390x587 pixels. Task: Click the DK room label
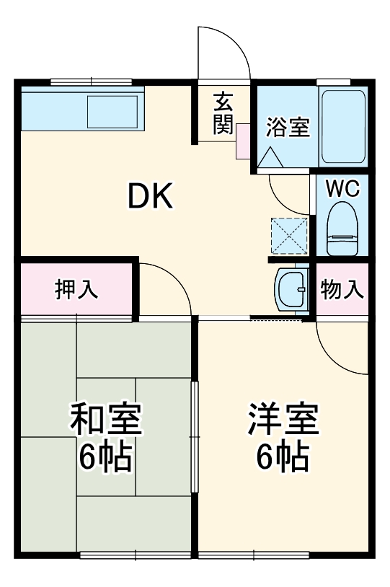point(151,195)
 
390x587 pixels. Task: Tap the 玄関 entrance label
point(223,114)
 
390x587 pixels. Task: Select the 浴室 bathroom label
point(288,127)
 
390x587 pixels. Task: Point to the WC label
point(342,188)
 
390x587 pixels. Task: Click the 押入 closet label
point(76,290)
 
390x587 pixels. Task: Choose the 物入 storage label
point(342,290)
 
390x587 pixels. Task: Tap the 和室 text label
point(105,419)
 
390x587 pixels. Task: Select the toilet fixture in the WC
point(342,228)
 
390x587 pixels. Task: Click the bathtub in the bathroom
point(342,127)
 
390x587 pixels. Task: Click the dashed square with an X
point(288,234)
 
